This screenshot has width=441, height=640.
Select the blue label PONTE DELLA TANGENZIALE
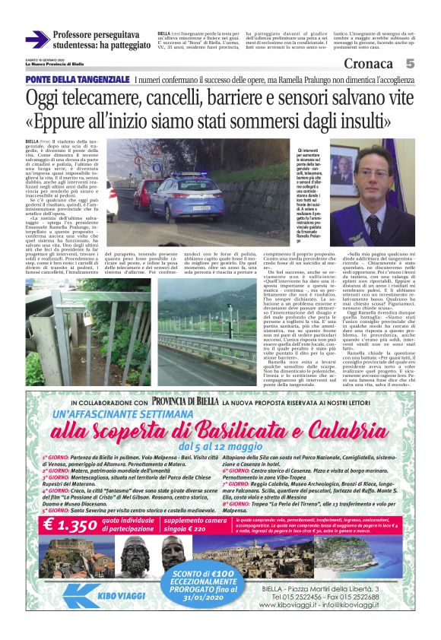(77, 80)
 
